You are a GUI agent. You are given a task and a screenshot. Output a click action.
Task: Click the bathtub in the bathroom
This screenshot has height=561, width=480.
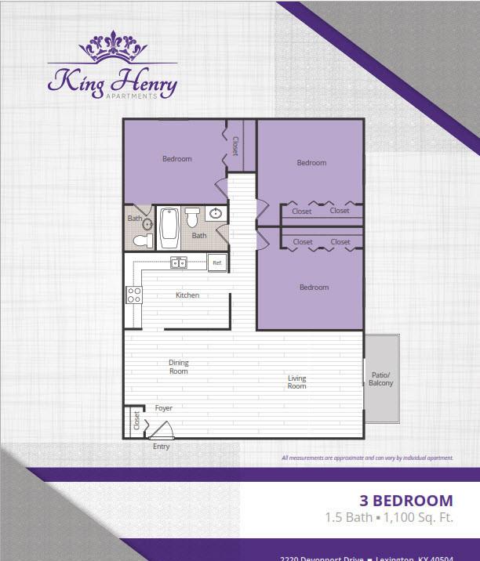click(169, 227)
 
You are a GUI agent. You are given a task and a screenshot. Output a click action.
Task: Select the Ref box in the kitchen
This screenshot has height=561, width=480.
click(217, 263)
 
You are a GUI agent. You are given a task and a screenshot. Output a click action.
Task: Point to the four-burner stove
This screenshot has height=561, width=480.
click(134, 295)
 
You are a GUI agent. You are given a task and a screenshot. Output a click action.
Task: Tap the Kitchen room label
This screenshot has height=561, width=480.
click(187, 295)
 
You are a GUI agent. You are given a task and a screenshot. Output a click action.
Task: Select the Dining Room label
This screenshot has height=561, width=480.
click(179, 367)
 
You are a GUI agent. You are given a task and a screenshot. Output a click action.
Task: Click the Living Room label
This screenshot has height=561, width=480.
click(296, 382)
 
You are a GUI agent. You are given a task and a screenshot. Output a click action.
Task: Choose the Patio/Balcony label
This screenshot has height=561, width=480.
click(380, 378)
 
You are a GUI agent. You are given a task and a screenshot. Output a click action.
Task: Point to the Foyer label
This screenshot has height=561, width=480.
click(163, 408)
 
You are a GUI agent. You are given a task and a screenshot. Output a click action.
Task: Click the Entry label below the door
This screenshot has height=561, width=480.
click(161, 447)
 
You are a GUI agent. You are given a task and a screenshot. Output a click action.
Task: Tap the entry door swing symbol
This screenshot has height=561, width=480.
click(165, 429)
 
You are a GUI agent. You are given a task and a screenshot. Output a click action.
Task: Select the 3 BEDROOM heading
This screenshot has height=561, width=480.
click(405, 501)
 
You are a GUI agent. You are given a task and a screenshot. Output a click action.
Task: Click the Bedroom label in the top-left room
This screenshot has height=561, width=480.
click(176, 159)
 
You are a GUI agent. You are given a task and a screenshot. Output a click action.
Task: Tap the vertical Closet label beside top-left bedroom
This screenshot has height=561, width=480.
click(235, 145)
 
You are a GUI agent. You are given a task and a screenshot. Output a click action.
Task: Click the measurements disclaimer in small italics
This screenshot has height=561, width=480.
click(366, 458)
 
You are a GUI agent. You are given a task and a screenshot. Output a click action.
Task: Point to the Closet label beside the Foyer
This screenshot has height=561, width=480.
click(136, 420)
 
